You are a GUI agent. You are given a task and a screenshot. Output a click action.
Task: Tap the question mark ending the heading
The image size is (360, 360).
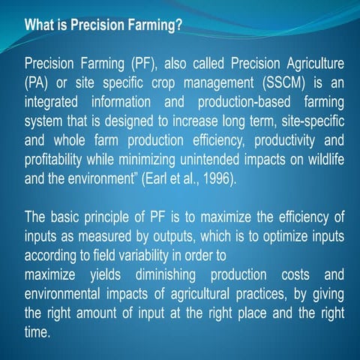[x=180, y=25]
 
